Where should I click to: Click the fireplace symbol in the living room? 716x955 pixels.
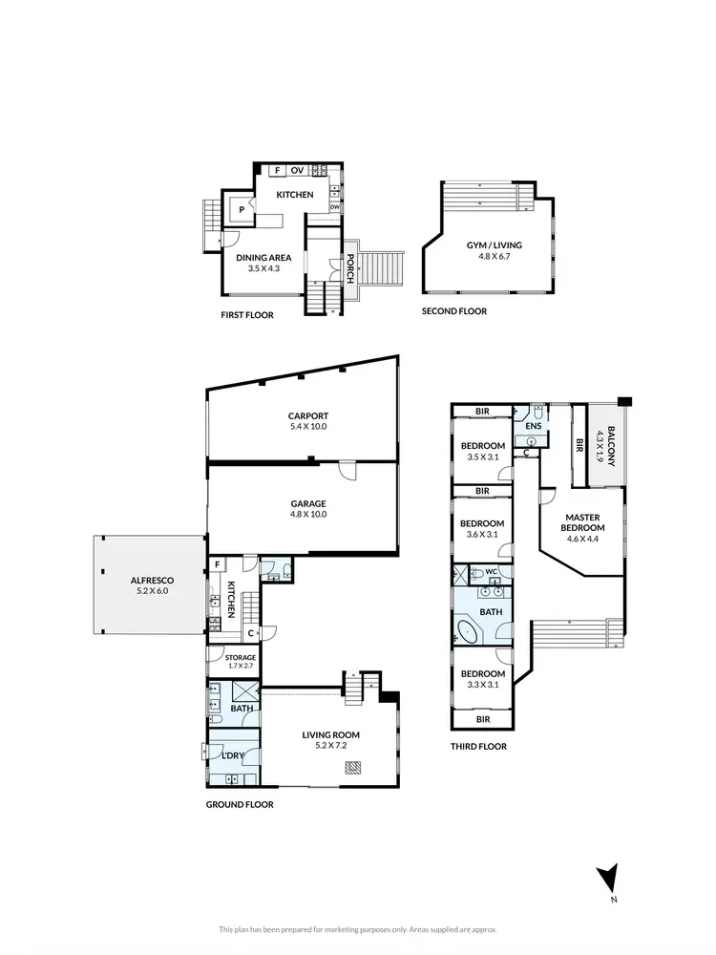pyautogui.click(x=354, y=765)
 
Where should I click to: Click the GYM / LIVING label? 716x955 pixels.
pyautogui.click(x=494, y=245)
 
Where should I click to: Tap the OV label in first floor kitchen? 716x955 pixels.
pyautogui.click(x=298, y=171)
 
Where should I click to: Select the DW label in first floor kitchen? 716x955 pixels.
pyautogui.click(x=335, y=206)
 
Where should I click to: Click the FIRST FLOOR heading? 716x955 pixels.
pyautogui.click(x=246, y=315)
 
